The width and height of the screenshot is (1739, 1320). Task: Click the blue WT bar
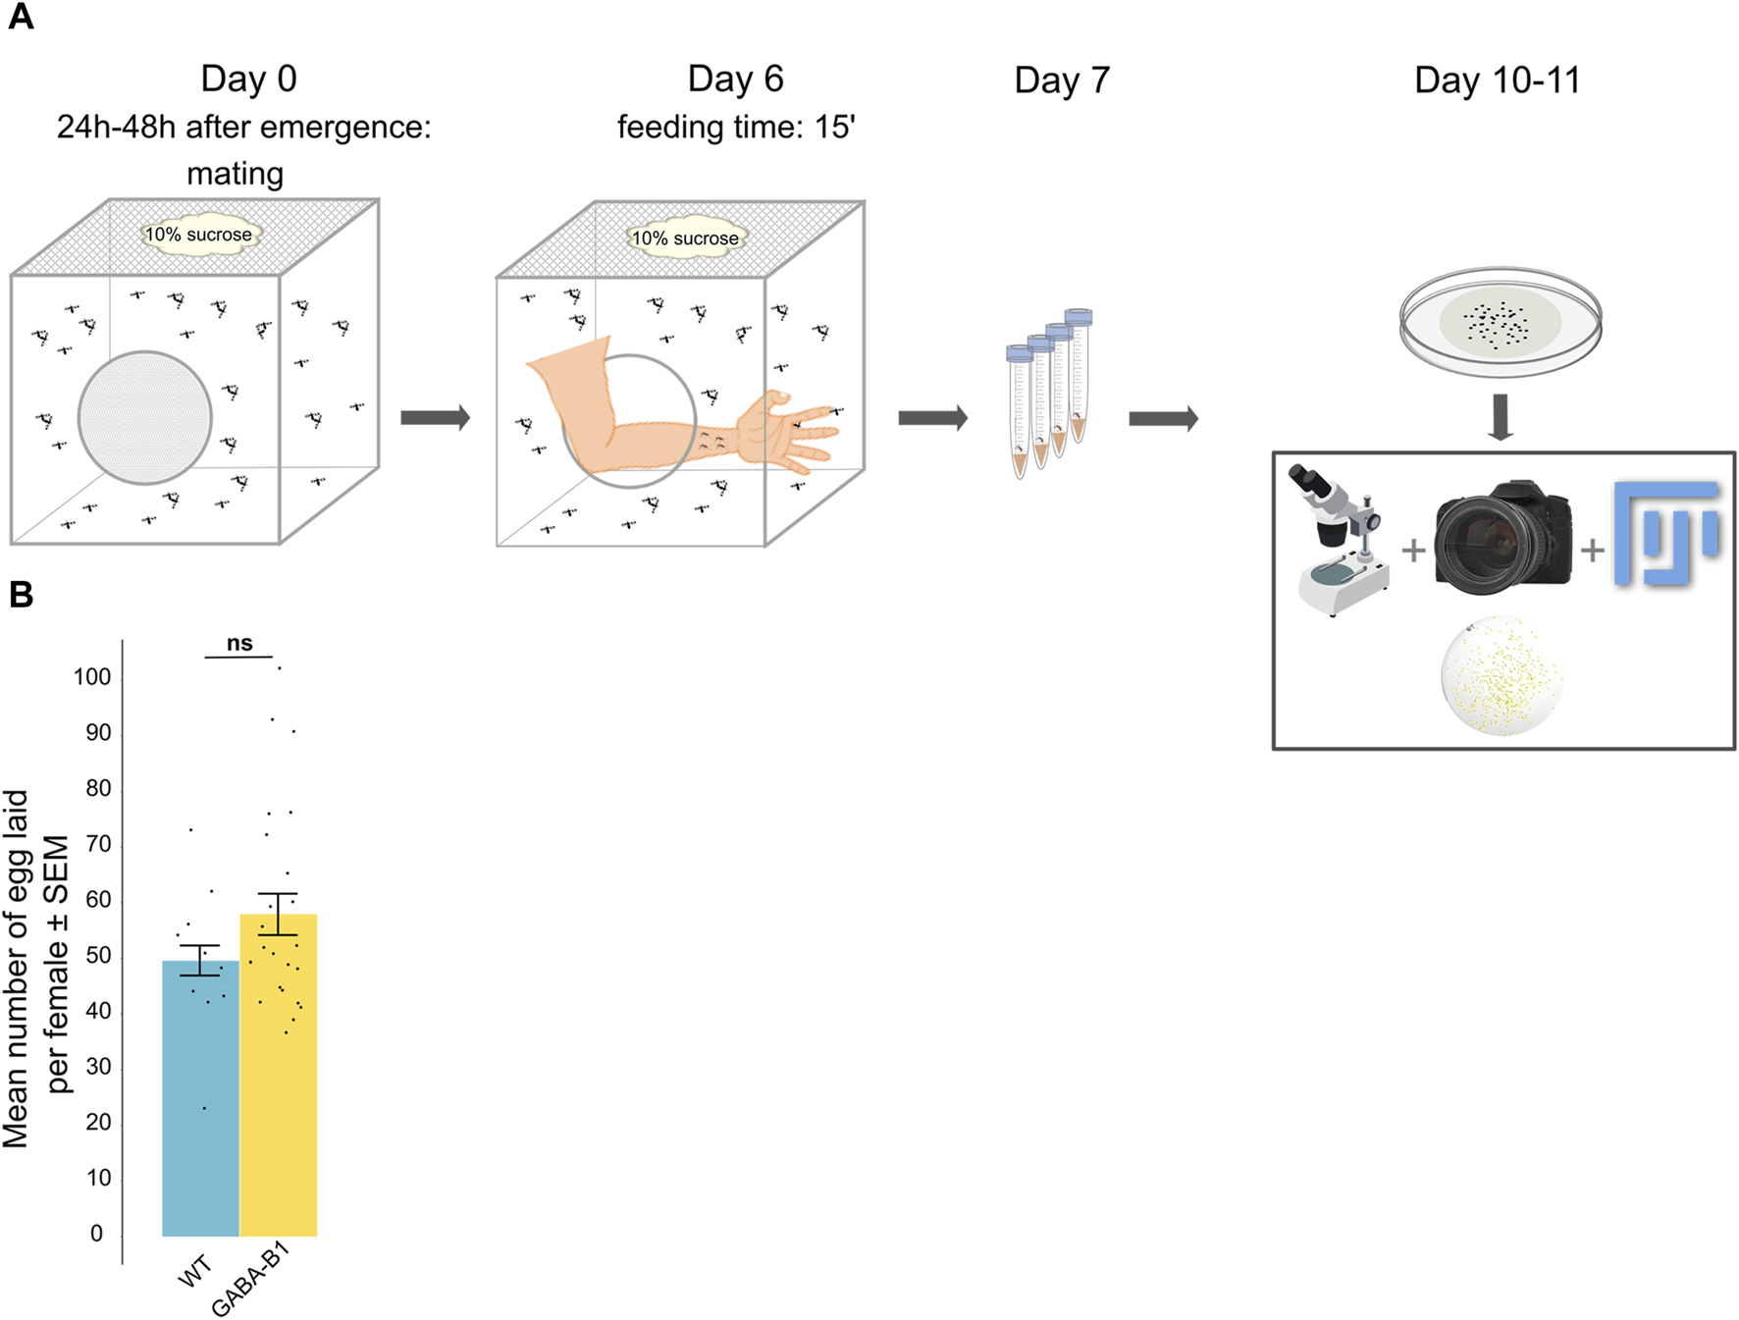(200, 1099)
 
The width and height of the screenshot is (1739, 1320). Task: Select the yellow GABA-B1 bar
(279, 1080)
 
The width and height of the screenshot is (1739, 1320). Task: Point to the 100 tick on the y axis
(92, 677)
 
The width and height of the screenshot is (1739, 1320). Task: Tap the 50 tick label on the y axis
(98, 955)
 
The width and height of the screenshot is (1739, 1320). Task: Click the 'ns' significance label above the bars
(239, 644)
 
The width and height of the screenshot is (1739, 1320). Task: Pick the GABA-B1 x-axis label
(251, 1280)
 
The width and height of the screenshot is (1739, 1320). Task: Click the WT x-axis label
(195, 1272)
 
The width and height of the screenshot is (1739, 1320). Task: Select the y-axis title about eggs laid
(36, 967)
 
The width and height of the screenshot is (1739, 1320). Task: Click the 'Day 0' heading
(248, 79)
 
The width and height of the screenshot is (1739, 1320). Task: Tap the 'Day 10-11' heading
(1497, 80)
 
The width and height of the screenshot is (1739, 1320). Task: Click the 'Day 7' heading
(1062, 80)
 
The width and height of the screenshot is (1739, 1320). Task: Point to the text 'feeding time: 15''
(736, 128)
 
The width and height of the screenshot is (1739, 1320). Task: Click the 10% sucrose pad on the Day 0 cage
(199, 236)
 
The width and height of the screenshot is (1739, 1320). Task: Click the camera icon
(1502, 538)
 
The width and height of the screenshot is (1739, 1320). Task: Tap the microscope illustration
(1341, 540)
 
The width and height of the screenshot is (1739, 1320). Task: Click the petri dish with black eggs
(1500, 322)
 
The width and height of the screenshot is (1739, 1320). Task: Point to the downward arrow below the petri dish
(1501, 417)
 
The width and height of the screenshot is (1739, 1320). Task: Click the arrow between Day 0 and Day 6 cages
(436, 418)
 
